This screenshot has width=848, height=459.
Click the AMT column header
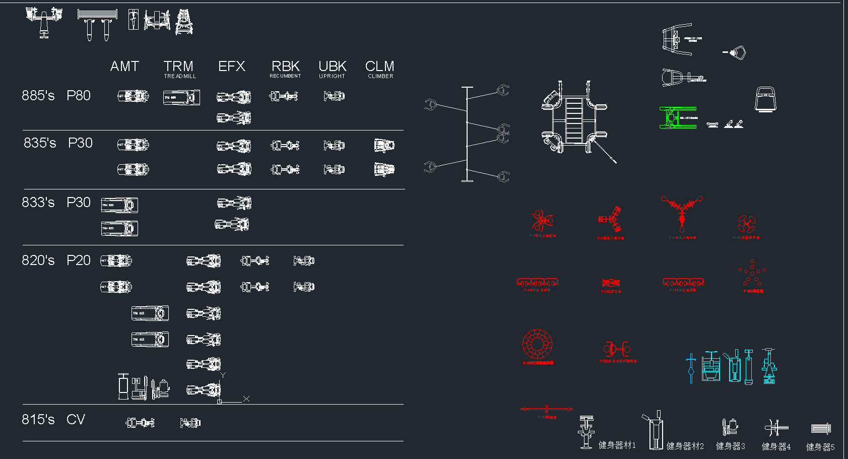tap(124, 67)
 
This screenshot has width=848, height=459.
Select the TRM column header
tap(178, 67)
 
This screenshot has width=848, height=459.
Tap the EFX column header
tap(232, 67)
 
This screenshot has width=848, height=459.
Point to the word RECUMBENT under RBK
tap(285, 76)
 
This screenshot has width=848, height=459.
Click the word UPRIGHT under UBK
tap(332, 76)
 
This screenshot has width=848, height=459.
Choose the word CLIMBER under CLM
tap(380, 76)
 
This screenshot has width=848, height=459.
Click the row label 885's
tap(38, 96)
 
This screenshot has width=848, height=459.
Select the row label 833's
tap(38, 203)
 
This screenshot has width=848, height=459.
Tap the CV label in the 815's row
tap(76, 420)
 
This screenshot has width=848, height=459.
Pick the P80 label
tap(79, 96)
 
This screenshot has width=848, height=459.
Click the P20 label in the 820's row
tap(79, 260)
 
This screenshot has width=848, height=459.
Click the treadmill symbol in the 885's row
tap(181, 97)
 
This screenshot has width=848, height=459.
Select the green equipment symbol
tap(678, 117)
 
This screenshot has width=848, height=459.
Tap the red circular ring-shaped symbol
tap(537, 344)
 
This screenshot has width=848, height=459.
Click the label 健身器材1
tap(617, 445)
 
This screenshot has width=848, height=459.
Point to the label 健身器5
tap(820, 447)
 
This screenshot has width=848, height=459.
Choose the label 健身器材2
tap(685, 446)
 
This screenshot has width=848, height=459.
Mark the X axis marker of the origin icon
tap(246, 399)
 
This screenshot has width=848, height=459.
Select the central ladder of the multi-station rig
tap(573, 119)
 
